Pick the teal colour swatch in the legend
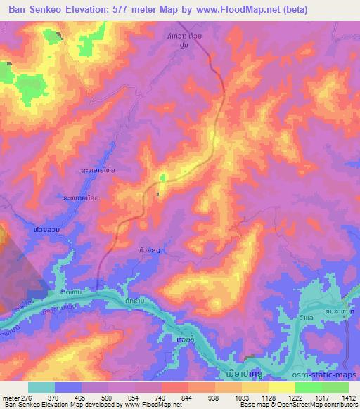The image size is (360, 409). (x=41, y=387)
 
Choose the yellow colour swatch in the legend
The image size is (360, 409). (x=281, y=387)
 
